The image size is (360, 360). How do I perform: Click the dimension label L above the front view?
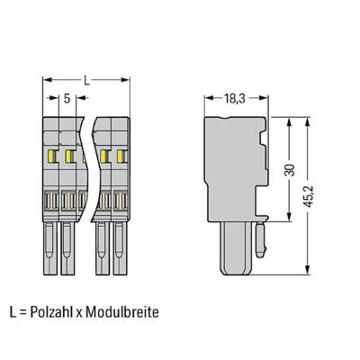pos(86,81)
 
